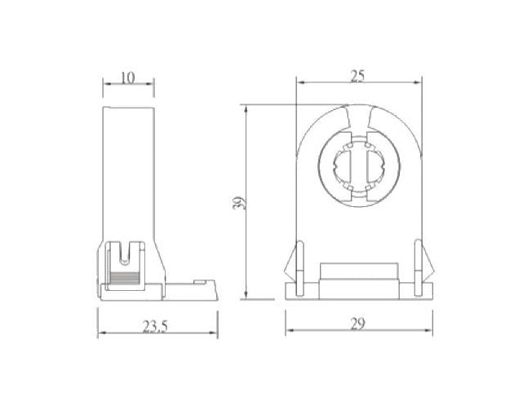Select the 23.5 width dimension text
pos(154,327)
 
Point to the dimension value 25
pos(357,75)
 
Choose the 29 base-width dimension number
pos(357,324)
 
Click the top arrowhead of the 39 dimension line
pos(246,108)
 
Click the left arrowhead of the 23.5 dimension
pos(101,334)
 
